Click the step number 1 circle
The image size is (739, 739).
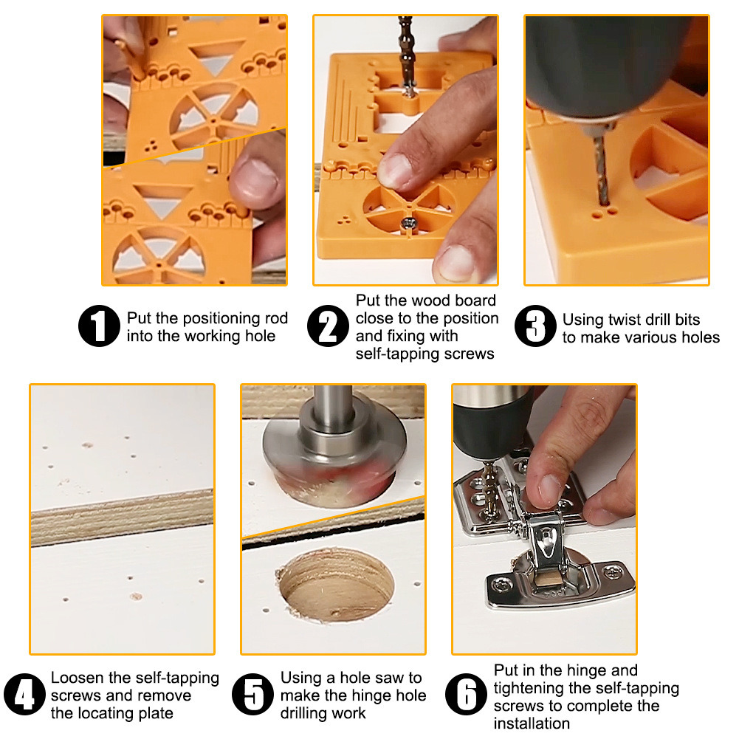(100, 326)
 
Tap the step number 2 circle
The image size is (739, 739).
(329, 326)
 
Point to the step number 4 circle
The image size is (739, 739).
(24, 695)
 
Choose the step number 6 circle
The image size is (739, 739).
(467, 695)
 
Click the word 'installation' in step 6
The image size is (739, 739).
(532, 723)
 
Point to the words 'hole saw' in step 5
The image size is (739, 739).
(374, 678)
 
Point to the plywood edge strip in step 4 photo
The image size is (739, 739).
(122, 517)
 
